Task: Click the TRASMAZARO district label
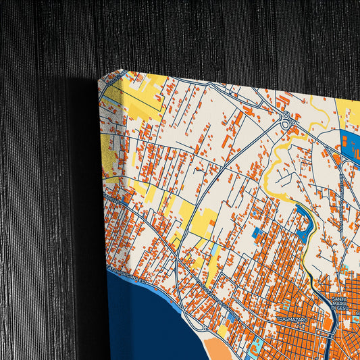point(292,317)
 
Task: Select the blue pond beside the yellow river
point(303,224)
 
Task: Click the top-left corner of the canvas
point(101,79)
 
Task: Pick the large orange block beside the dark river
point(328,324)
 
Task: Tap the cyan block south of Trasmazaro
point(257,349)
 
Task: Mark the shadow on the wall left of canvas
point(81,203)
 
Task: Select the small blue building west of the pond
point(257,232)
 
